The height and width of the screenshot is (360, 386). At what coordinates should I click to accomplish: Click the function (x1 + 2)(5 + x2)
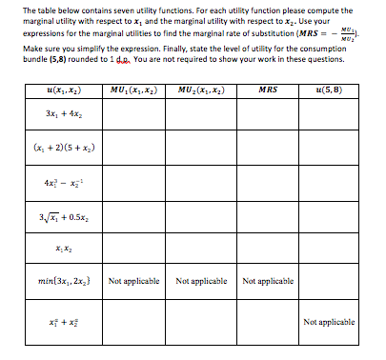coord(64,150)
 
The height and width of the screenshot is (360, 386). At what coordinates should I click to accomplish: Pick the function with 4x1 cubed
coord(63,182)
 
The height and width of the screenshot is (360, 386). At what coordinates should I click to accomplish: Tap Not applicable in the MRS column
coord(269,282)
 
